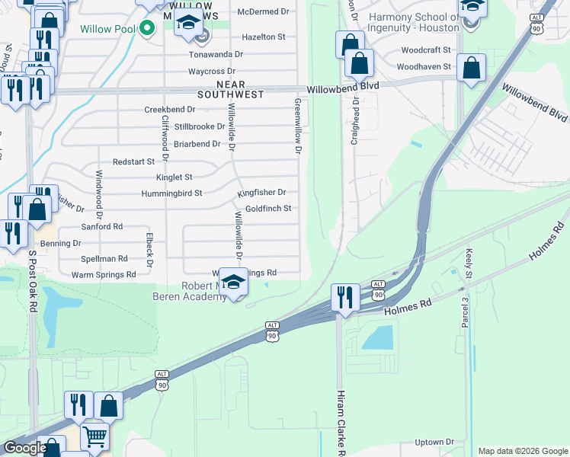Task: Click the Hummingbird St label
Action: point(171,193)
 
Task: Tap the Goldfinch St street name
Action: point(267,208)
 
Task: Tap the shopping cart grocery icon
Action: point(95,436)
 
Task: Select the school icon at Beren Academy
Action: point(235,281)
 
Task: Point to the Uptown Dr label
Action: point(435,442)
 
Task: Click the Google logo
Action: point(25,448)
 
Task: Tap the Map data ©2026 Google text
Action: point(523,451)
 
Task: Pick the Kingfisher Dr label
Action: point(261,193)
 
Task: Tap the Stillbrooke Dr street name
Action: point(200,126)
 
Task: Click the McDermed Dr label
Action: point(264,12)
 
